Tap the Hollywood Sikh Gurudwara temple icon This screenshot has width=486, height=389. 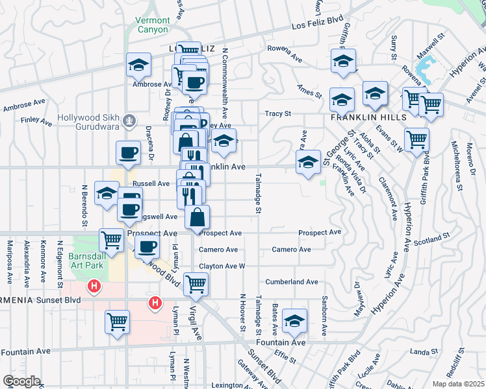(130, 120)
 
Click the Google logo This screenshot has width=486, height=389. (21, 381)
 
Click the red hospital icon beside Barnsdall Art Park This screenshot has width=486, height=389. (95, 285)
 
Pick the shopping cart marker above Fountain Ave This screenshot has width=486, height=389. (117, 322)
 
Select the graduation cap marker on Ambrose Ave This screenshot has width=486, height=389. (138, 64)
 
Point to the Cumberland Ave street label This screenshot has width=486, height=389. (291, 282)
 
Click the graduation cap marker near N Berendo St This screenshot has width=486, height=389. (107, 193)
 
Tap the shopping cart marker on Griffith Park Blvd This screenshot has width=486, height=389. (416, 138)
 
